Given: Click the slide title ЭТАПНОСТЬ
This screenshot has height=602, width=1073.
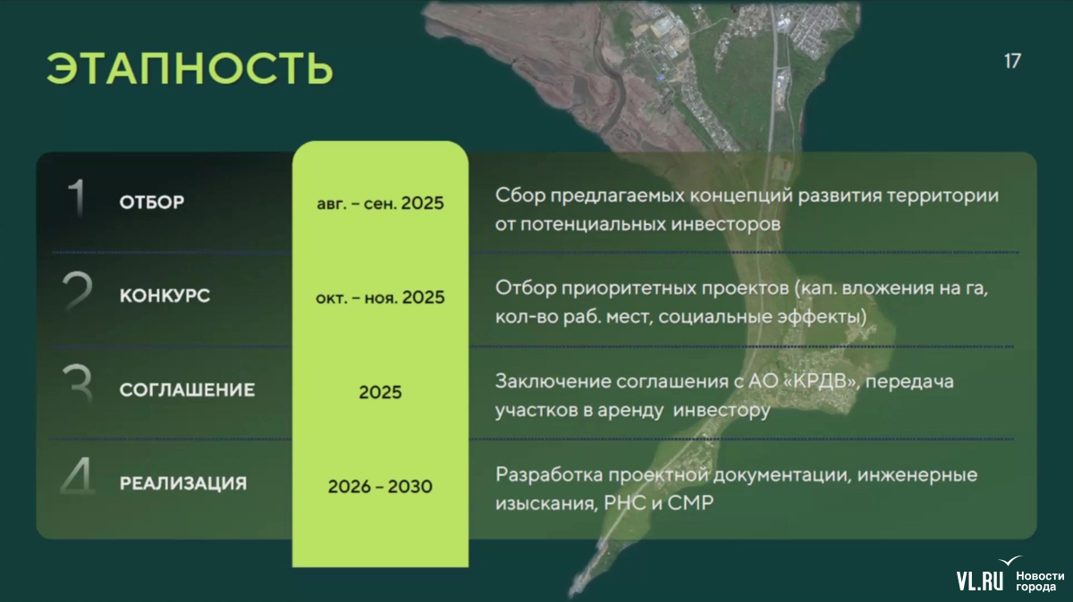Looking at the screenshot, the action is point(190,68).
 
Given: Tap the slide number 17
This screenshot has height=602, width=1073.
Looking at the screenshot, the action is point(1012,62).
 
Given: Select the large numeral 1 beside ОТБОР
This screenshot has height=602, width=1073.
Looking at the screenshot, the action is point(77,197).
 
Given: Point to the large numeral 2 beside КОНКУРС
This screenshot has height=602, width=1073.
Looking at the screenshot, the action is point(77,290).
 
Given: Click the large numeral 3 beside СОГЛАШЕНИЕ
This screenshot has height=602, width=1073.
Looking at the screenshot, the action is point(78,384).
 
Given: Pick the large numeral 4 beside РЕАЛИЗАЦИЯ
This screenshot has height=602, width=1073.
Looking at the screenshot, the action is point(78,476).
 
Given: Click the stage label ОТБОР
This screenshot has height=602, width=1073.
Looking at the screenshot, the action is point(152,202).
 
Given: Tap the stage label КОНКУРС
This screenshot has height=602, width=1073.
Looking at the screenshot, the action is point(165,296).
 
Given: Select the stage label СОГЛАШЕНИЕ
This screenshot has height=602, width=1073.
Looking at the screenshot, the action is point(187,389).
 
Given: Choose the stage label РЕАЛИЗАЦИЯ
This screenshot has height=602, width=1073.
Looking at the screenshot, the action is point(183,483).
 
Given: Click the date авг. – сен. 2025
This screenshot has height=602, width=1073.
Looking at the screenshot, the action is point(380,204).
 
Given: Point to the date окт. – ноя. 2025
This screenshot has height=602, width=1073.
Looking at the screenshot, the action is point(380,297).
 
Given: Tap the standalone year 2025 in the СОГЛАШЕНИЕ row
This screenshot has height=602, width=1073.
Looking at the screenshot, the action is point(380,392).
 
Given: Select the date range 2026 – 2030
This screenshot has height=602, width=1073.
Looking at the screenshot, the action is point(380,486).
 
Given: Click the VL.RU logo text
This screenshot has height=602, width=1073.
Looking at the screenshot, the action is point(980,581).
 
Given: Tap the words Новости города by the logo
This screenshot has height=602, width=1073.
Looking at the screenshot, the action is point(1040,581).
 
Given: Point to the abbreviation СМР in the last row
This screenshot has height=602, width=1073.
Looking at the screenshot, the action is point(690,503).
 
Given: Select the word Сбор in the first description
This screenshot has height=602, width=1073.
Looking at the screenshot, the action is point(520,196).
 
